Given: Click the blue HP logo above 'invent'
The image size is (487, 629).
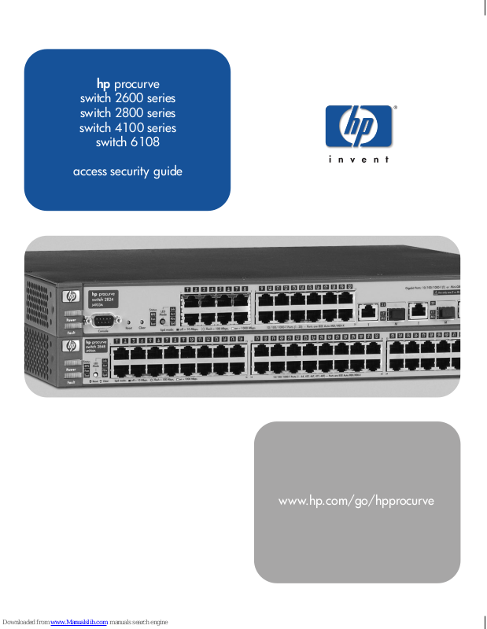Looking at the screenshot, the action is coord(358,127).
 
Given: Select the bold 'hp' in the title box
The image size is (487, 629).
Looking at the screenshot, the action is coord(103,83).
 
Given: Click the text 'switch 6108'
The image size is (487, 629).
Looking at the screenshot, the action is coord(127,143).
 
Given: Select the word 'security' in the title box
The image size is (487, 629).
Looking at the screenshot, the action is coord(127,171).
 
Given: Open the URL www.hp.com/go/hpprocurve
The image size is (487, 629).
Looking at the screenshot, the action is coord(356,501).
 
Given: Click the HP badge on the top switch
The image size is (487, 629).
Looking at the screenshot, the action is coord(72,297).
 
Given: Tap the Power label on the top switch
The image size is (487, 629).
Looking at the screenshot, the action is coord(71,320).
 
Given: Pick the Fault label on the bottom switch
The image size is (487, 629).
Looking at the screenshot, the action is coord(71,382).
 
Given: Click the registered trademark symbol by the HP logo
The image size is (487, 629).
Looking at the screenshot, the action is coord(395,107).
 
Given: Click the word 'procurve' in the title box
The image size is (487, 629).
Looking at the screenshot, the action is coord(137,83).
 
